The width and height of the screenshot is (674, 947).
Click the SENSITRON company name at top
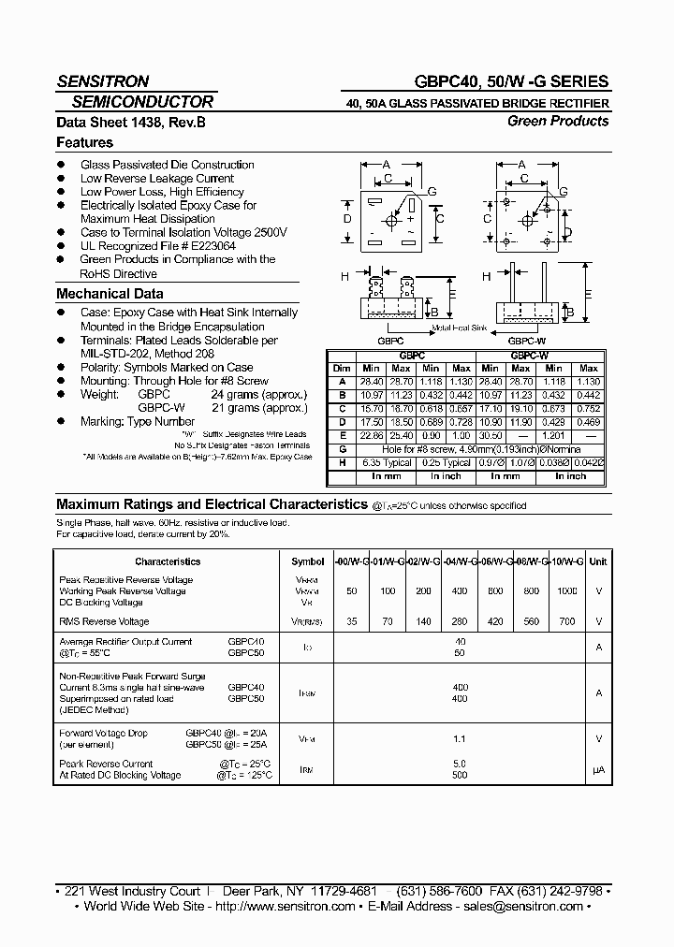coord(102,81)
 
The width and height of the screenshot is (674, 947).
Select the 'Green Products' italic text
coord(558,121)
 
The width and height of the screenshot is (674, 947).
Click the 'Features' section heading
coord(84,142)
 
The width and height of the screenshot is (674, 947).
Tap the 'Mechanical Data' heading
coord(110,294)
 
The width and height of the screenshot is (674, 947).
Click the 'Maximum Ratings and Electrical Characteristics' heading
coord(212,503)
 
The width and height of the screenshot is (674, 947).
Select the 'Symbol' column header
coord(307,561)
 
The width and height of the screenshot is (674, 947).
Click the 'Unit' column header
coord(598,561)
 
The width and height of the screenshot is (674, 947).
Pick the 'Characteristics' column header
coord(168,561)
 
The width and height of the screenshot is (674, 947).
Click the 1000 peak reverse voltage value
coord(567,591)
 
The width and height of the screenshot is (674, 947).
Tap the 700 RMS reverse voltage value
coord(567,621)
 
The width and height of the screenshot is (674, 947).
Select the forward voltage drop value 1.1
coord(460,739)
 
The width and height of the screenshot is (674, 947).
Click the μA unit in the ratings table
coord(598,769)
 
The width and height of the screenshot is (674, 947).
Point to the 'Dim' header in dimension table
coord(343,369)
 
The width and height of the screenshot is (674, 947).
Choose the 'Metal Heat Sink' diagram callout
coord(460,328)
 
